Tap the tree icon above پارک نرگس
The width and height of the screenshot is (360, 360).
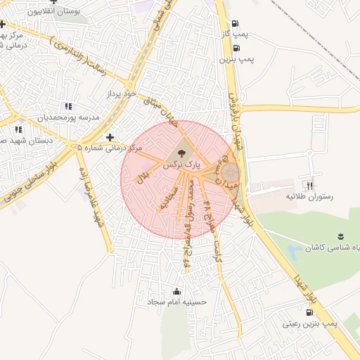pos(181,152)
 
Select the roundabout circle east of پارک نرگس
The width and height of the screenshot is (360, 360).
pos(231,172)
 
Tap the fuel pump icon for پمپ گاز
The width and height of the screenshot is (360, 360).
pos(236,22)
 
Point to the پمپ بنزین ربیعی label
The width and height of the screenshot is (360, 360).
pos(310,324)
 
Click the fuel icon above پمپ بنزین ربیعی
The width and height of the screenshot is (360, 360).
pos(310,311)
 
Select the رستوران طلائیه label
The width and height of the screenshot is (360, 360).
pos(308,198)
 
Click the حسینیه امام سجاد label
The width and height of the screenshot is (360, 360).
pos(176,302)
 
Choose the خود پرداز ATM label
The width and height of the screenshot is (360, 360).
pos(120,94)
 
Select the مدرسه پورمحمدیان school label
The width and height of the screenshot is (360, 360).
pos(71,117)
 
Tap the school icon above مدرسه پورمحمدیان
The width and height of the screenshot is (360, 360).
pos(68,106)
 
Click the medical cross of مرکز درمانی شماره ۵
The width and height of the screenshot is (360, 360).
pos(109,137)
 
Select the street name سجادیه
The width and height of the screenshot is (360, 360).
pos(167,199)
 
